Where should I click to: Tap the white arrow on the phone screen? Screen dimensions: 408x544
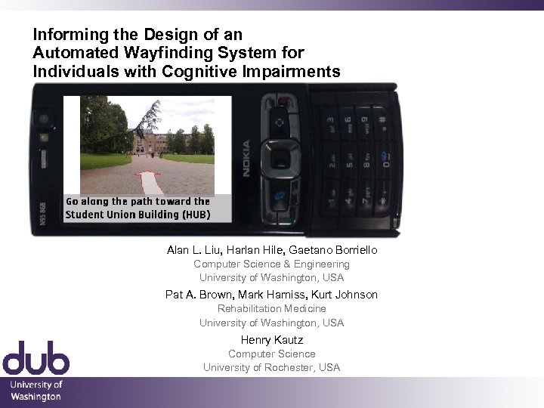[x=149, y=183]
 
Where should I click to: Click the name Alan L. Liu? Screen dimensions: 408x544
[x=192, y=250]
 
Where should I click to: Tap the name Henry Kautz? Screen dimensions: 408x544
[x=271, y=340]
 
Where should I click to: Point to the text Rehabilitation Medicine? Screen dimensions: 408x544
[x=271, y=308]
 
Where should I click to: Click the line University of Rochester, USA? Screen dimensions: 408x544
[x=271, y=367]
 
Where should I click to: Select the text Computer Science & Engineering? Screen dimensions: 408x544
[x=271, y=264]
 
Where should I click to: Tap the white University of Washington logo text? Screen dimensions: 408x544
[x=36, y=391]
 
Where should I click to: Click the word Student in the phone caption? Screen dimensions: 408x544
[x=84, y=215]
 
